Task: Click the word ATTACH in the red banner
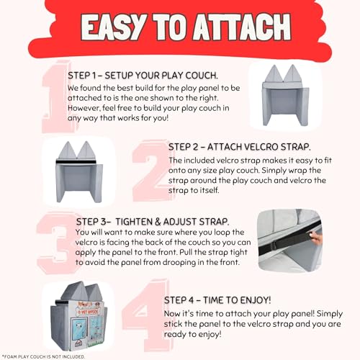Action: point(242,27)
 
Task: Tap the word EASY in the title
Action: point(113,27)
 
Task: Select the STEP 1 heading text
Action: point(143,76)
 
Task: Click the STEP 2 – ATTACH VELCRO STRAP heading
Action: point(240,147)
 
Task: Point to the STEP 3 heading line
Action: point(153,222)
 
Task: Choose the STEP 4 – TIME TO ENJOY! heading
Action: point(217,300)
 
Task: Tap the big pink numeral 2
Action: point(151,171)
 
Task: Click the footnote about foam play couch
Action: point(43,357)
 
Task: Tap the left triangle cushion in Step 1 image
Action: point(274,73)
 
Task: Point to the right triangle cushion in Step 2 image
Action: point(86,150)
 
